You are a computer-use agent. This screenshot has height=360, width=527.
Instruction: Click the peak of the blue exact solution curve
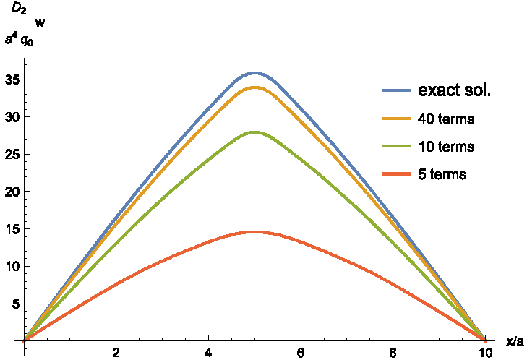[x=254, y=73]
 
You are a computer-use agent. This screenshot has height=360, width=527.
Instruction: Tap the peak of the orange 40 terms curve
[x=254, y=87]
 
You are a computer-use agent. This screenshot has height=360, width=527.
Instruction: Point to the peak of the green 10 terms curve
[x=254, y=132]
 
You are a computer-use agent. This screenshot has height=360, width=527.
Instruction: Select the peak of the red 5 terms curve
[x=254, y=232]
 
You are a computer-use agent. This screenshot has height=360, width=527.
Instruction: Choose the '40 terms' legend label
[x=445, y=119]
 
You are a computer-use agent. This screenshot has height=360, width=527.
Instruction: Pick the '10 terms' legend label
[x=445, y=147]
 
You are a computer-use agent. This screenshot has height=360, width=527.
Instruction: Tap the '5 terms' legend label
[x=442, y=174]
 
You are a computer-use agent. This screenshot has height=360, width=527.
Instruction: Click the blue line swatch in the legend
[x=396, y=91]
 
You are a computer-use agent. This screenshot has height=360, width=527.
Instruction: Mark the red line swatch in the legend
[x=396, y=174]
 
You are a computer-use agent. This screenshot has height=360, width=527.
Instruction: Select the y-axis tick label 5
[x=15, y=304]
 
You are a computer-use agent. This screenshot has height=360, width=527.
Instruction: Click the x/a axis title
[x=514, y=340]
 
